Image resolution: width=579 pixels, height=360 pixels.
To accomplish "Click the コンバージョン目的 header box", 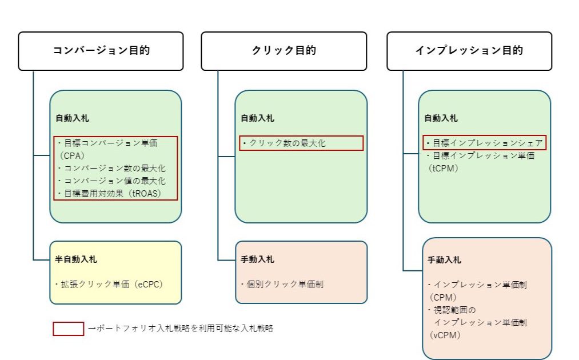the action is tap(101, 51).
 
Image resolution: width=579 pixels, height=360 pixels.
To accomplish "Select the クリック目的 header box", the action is tap(284, 51).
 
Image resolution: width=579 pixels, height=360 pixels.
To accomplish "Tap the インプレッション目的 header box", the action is tap(469, 51).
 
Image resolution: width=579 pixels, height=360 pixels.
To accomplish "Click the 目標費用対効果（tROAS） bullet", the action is tap(110, 194).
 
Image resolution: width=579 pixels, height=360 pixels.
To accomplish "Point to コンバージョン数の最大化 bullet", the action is tap(111, 169).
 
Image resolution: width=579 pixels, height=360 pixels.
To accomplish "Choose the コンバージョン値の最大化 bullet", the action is tap(111, 181).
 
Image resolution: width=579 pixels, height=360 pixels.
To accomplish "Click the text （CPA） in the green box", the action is tap(72, 156).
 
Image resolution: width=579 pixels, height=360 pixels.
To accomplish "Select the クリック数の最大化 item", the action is tap(284, 143).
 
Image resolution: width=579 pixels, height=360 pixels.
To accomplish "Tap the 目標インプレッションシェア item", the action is tap(485, 143).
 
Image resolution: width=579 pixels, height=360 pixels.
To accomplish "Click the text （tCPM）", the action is tap(444, 169).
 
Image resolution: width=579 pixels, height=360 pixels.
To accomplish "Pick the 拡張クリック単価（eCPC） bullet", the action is tap(110, 285).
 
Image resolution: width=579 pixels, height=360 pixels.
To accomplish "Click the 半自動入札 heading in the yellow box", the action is tap(76, 259).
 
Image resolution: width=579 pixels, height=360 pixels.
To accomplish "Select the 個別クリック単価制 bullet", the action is tap(282, 285).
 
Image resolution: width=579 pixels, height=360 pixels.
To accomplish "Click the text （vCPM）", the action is tap(445, 335).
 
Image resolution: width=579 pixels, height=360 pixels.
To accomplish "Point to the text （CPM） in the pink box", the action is tap(443, 298).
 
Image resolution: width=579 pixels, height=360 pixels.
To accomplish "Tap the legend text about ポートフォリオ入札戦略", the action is tap(181, 328).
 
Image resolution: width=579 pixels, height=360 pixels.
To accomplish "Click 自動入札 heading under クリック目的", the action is tap(257, 118).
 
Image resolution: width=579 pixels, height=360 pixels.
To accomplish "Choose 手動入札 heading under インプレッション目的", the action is tap(444, 260).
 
